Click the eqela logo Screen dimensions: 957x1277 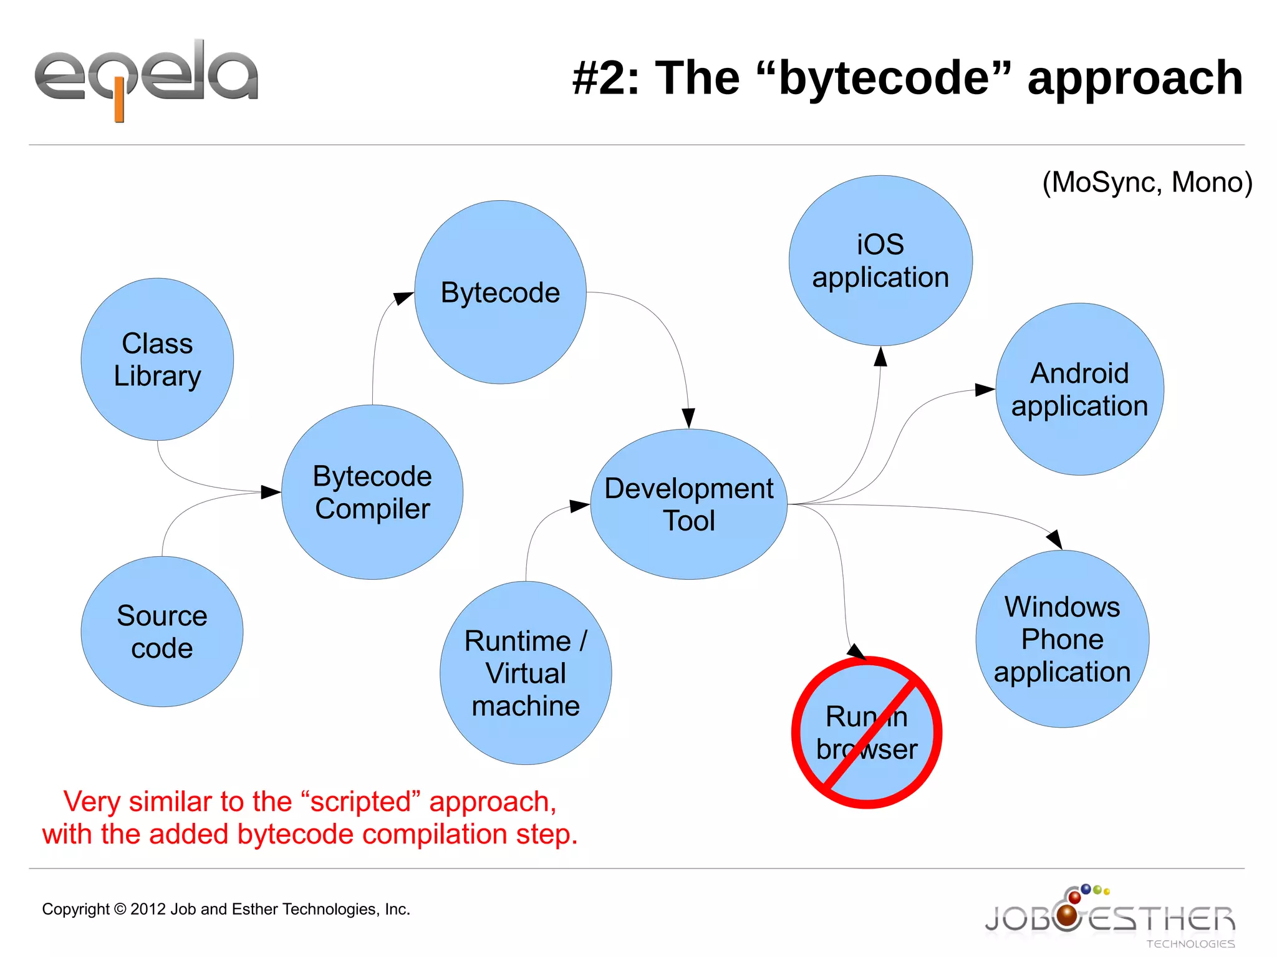[x=146, y=78]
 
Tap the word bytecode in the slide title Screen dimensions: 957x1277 [x=884, y=79]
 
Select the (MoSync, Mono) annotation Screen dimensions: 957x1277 [x=1147, y=183]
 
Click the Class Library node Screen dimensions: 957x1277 [x=157, y=360]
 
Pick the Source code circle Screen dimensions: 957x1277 [x=162, y=632]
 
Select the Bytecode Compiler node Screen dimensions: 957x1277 [x=372, y=493]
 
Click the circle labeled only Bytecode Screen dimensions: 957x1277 [x=500, y=292]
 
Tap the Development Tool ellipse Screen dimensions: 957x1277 [x=688, y=504]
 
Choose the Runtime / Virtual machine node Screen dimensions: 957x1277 [x=526, y=673]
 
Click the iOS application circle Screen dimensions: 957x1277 [x=880, y=261]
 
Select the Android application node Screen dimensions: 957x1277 [x=1079, y=390]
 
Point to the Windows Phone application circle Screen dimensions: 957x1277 [x=1062, y=639]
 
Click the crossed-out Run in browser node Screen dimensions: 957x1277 [x=867, y=733]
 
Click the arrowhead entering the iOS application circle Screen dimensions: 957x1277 [x=880, y=357]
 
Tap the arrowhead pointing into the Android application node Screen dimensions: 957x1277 [x=985, y=390]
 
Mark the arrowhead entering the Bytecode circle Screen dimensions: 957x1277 [x=403, y=298]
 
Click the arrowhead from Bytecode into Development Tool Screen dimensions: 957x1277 [x=688, y=418]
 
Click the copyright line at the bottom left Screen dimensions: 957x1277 [x=226, y=909]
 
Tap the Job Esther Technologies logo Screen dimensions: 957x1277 [x=1109, y=916]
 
